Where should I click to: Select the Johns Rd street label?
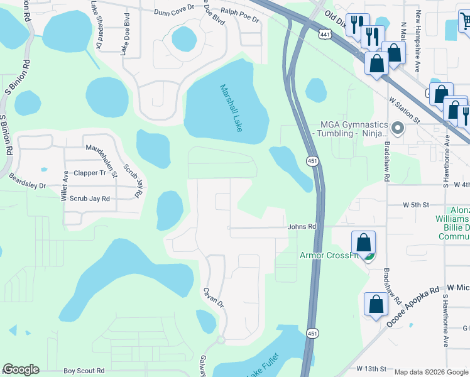[302, 227]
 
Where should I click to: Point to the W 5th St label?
[415, 205]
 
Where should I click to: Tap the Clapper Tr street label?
[90, 173]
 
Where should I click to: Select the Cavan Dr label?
[213, 297]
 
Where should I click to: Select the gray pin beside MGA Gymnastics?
[396, 128]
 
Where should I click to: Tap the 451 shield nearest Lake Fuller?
[312, 332]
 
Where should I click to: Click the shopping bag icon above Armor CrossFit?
[363, 242]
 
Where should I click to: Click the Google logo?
[21, 369]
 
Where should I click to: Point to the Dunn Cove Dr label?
[174, 11]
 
